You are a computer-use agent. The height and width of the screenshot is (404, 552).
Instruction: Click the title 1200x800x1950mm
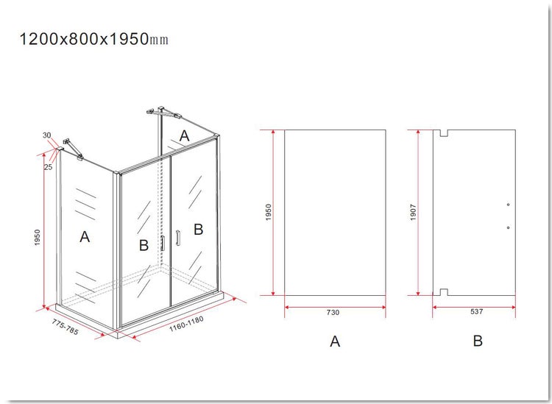click(93, 39)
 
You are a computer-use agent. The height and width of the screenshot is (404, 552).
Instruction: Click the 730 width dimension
click(333, 312)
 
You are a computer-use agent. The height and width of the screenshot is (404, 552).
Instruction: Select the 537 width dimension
click(477, 311)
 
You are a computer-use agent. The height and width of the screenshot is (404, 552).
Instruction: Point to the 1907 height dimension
click(413, 213)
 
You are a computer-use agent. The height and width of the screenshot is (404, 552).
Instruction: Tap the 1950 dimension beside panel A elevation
click(268, 213)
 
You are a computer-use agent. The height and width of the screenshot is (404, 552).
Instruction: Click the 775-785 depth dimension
click(66, 327)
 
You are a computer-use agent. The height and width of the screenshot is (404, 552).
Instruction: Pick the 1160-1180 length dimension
click(187, 324)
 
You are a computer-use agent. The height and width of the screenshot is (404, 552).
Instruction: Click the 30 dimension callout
click(47, 135)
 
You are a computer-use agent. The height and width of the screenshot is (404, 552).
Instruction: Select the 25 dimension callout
click(48, 167)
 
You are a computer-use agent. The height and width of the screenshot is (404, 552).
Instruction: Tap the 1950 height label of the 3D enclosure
click(38, 238)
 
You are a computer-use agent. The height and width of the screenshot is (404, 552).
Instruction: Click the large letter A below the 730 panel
click(335, 341)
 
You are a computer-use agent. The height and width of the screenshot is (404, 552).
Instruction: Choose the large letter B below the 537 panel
click(478, 341)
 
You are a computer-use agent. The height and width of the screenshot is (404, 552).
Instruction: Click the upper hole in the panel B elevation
click(509, 205)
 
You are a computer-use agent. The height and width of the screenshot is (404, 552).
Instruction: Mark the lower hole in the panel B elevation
click(509, 227)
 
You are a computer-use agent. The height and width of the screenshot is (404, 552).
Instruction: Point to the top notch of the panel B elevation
click(444, 133)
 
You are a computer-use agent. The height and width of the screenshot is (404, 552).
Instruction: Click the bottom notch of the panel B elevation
click(444, 292)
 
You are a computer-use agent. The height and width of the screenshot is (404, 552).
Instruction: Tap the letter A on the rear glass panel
click(185, 136)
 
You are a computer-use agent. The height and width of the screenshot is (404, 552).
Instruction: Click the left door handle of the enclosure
click(163, 243)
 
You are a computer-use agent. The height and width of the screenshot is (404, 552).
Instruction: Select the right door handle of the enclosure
click(178, 238)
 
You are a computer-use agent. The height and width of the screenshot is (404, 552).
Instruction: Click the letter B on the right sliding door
click(199, 230)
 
